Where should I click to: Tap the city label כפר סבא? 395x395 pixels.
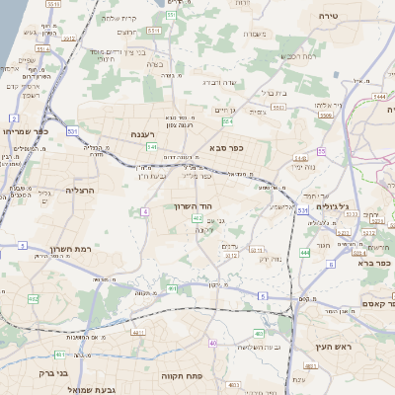coord(226,148)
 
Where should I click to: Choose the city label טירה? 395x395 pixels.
coord(330,17)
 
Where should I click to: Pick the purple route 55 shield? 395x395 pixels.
coord(322,151)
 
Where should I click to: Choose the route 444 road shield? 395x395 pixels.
coord(305,254)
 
